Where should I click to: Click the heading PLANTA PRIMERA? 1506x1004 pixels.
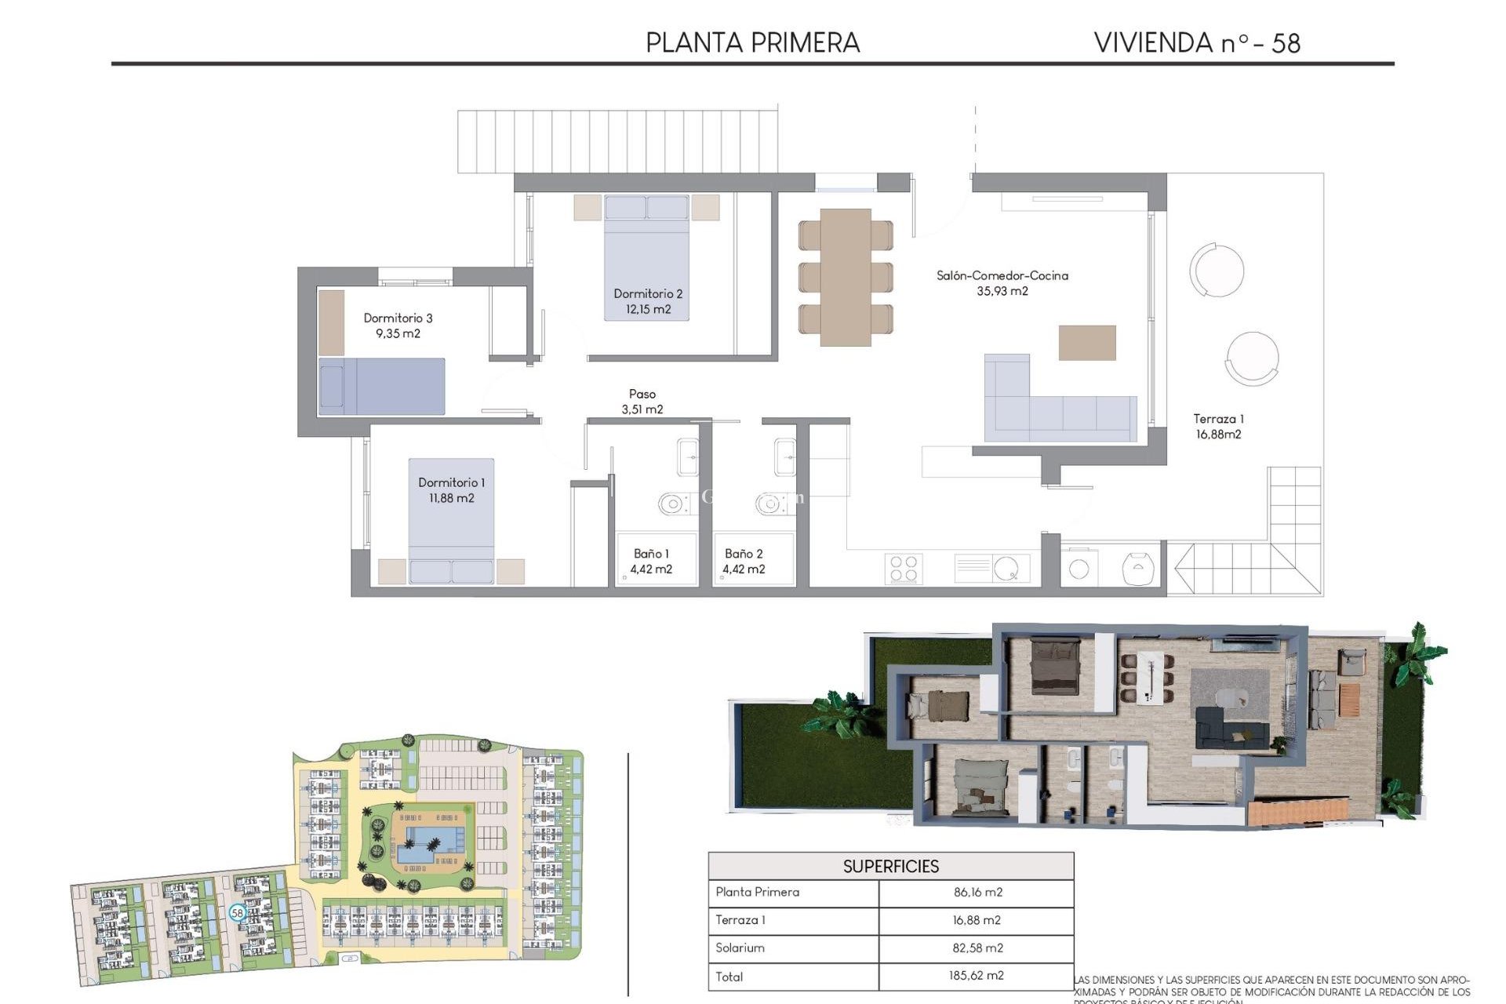pos(752,42)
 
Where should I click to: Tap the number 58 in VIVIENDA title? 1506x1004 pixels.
pos(1286,43)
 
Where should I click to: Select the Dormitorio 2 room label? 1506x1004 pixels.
pos(648,293)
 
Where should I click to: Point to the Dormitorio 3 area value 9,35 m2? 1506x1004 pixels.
pos(398,333)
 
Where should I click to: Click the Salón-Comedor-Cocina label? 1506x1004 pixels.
pos(1002,275)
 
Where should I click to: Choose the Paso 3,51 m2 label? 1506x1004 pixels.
pos(642,402)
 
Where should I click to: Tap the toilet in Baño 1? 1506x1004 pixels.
pos(673,504)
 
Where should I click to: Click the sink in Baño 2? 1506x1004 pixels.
pos(784,457)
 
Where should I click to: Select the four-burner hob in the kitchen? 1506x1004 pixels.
pos(903,569)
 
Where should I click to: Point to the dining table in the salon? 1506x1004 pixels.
pos(846,277)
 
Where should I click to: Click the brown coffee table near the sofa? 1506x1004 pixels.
pos(1086,343)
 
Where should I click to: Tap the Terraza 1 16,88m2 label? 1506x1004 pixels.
pos(1218,427)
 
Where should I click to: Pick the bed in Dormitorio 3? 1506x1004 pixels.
pos(382,386)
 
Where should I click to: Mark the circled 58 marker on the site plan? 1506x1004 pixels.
pos(238,912)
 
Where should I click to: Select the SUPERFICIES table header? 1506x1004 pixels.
pos(890,866)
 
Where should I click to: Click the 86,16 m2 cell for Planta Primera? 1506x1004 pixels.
pos(977,893)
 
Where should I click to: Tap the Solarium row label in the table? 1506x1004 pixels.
pos(740,948)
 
